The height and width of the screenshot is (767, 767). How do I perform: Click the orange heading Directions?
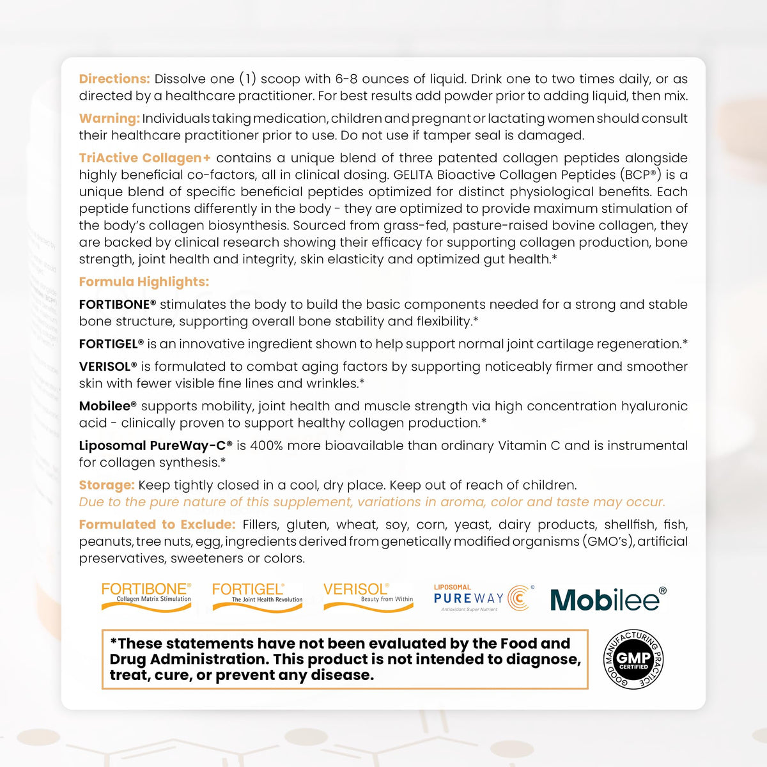(x=114, y=79)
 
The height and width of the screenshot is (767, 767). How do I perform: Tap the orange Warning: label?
(x=109, y=119)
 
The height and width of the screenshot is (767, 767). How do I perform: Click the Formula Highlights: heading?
(x=144, y=282)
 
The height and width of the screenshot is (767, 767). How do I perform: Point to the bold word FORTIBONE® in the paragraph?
(x=118, y=305)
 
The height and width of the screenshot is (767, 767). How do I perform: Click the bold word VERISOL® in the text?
(x=108, y=367)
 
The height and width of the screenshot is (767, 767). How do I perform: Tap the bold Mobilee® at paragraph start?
(x=108, y=407)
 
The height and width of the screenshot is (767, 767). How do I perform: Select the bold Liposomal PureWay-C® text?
(x=155, y=445)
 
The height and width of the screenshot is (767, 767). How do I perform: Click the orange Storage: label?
(x=107, y=485)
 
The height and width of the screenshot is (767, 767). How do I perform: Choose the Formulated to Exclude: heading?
(x=157, y=525)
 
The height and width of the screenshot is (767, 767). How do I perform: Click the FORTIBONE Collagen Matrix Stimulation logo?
(x=146, y=597)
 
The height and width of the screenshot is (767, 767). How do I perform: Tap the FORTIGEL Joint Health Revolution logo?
(x=257, y=597)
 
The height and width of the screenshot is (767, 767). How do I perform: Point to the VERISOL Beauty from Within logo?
(x=368, y=596)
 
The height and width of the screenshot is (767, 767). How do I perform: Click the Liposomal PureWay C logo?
(x=483, y=598)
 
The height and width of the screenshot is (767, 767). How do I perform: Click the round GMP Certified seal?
(x=633, y=659)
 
